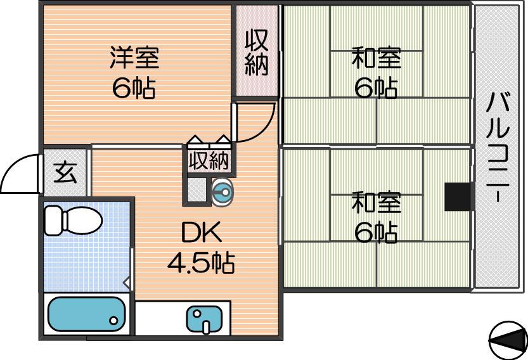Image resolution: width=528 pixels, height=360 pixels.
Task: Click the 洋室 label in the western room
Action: [134, 58]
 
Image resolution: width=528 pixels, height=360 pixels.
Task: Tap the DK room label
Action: [202, 232]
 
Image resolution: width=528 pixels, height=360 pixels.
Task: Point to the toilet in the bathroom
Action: [74, 221]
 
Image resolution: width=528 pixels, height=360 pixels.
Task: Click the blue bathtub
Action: [87, 314]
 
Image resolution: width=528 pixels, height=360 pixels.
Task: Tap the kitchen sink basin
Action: [204, 319]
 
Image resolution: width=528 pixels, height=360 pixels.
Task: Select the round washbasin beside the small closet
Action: [222, 192]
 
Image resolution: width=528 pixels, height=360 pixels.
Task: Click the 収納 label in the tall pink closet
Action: [257, 53]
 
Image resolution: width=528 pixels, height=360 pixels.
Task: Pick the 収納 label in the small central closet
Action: [209, 160]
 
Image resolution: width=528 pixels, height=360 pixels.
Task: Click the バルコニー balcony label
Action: [498, 147]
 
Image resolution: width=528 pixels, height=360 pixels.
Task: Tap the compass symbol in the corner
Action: [508, 340]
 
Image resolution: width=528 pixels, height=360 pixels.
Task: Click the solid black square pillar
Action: [458, 197]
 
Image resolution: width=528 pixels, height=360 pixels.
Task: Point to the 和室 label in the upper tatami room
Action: [377, 58]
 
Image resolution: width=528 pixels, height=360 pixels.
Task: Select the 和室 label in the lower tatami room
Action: [377, 202]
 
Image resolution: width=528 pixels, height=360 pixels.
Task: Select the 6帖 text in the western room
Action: [134, 88]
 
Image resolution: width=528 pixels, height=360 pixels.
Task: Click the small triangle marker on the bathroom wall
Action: [127, 283]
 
